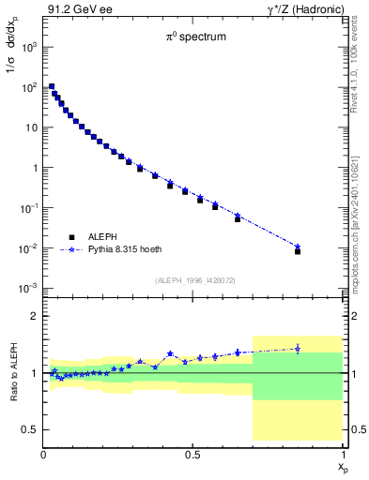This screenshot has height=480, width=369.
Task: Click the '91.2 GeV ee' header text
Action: pos(75,9)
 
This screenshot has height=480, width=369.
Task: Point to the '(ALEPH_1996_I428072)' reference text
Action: pos(192,280)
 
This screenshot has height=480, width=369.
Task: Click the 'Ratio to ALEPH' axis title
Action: pos(12,372)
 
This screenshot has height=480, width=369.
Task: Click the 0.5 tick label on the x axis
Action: pos(192,454)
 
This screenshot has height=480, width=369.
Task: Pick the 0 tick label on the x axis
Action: pos(44,454)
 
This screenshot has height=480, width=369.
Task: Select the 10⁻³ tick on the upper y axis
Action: pos(30,288)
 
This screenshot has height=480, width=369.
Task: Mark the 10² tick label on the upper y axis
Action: pos(30,86)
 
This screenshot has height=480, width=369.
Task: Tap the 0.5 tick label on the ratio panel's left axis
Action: pos(28,429)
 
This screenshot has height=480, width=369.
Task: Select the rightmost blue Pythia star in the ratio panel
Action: pos(298,349)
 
